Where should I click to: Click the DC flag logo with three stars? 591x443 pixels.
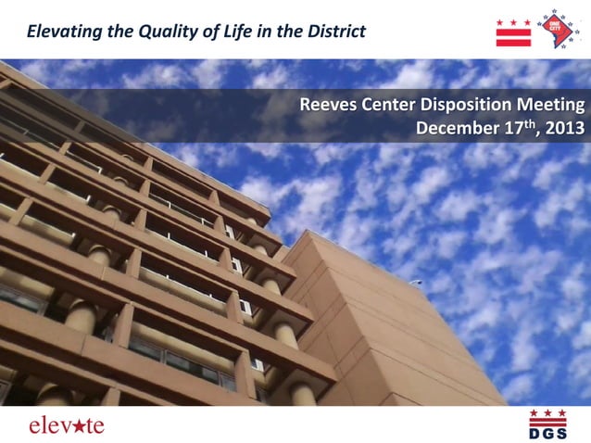click(514, 32)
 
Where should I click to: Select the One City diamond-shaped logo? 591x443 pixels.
click(560, 30)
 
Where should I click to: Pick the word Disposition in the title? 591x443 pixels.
click(472, 105)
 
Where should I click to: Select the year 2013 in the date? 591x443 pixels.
click(565, 129)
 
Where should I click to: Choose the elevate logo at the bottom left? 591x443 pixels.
click(66, 425)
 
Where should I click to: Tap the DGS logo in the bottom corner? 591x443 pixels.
click(547, 424)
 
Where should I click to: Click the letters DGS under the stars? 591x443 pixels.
click(547, 433)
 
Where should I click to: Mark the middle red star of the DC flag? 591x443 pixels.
click(514, 21)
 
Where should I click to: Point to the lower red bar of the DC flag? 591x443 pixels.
click(514, 42)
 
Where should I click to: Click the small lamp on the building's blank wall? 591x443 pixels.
click(418, 283)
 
